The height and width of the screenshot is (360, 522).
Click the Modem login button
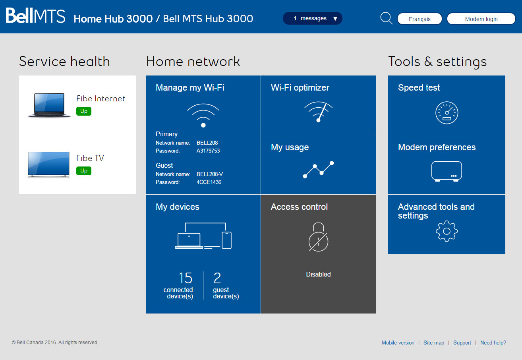481,19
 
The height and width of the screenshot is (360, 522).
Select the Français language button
420,19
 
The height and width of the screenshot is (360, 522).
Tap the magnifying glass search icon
387,18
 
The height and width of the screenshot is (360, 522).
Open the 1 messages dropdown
313,18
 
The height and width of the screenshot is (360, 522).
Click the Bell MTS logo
35,15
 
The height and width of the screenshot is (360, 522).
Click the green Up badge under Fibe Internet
84,111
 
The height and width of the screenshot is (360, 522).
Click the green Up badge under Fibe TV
84,171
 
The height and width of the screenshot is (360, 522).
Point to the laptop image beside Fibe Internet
49,105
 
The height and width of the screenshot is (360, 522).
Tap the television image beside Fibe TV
48,165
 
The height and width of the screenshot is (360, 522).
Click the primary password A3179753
208,151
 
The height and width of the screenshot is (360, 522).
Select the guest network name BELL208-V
210,174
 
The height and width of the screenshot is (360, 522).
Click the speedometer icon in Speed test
447,112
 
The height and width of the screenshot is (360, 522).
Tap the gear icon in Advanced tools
447,231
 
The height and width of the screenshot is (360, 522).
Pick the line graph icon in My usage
318,170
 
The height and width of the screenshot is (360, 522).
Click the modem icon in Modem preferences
447,171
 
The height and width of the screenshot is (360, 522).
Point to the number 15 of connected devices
186,278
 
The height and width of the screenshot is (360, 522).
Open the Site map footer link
434,343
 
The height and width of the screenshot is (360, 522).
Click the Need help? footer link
493,343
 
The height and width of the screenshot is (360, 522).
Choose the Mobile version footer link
398,343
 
